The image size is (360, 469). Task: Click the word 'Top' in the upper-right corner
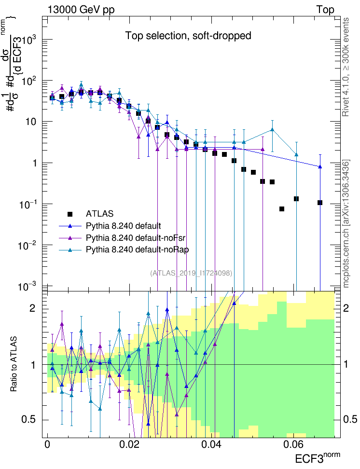coord(325,10)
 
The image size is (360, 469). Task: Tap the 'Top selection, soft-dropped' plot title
coord(188,36)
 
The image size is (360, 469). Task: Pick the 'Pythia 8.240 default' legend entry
coord(123,225)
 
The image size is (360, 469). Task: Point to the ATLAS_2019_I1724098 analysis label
coord(192,273)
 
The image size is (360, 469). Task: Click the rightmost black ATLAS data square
coord(320,203)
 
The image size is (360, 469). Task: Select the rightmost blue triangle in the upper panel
coord(320,166)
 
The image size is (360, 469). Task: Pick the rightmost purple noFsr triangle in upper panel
coord(263,150)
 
